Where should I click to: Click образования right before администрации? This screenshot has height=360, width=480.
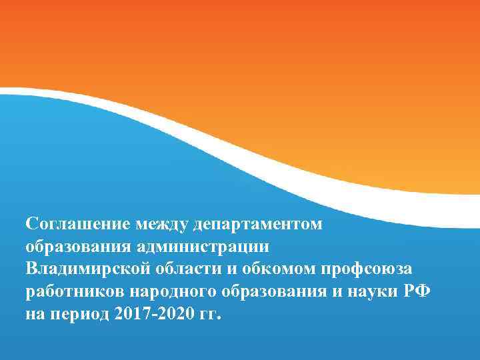pyautogui.click(x=78, y=246)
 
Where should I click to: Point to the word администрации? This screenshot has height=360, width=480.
pyautogui.click(x=203, y=246)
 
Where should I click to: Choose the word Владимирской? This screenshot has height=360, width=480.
pyautogui.click(x=85, y=268)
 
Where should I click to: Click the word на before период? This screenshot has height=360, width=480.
pyautogui.click(x=35, y=313)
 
